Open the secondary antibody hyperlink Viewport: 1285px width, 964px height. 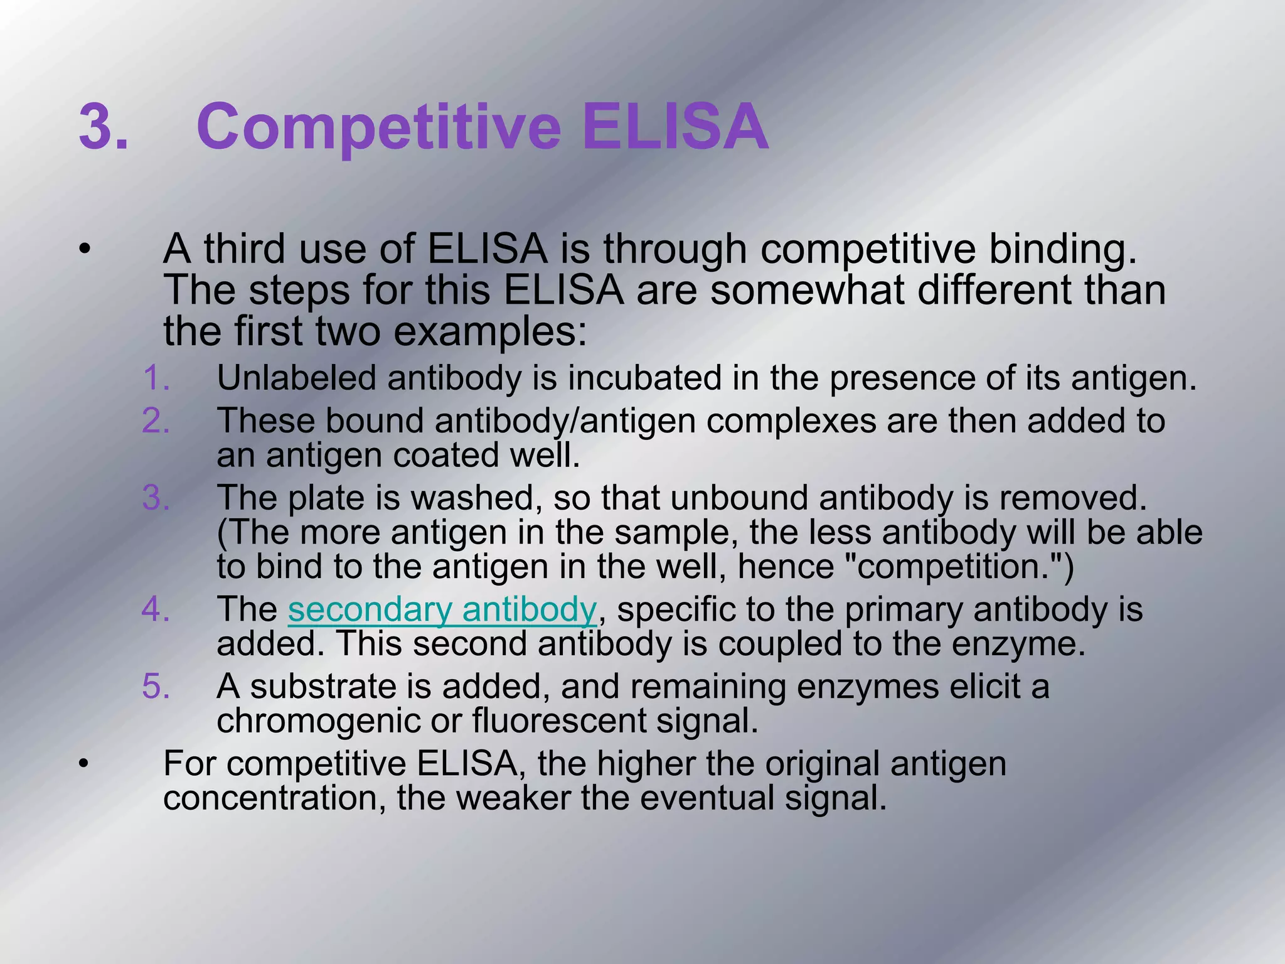442,609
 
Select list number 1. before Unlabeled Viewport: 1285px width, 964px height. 156,378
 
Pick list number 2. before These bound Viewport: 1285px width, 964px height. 156,420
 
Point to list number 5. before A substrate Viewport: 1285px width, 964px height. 156,686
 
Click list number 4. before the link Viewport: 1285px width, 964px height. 156,609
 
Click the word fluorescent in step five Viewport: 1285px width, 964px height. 558,720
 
